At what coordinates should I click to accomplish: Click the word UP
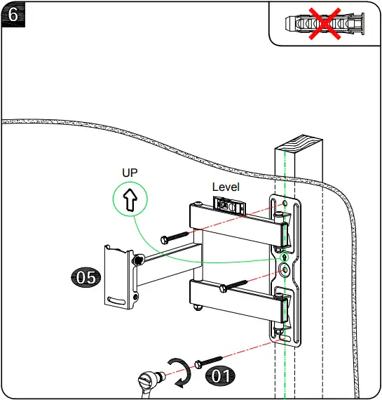pos(130,172)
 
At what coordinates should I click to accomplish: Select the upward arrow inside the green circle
pos(130,200)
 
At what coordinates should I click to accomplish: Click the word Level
pos(226,187)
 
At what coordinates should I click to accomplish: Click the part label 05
pos(86,277)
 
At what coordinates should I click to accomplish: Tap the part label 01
pos(221,375)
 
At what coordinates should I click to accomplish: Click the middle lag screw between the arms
pos(234,285)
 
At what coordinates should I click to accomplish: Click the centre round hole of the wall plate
pos(285,269)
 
